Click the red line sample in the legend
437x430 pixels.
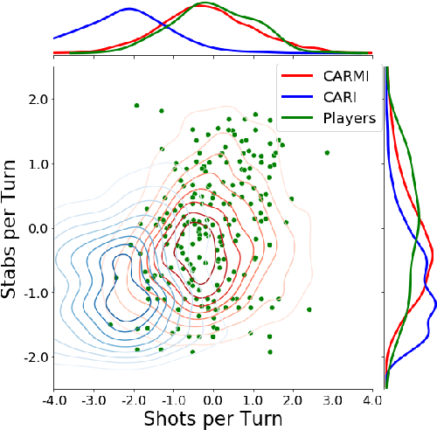click(x=295, y=77)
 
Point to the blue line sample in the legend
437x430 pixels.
click(x=295, y=98)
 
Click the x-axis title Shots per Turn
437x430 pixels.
click(x=212, y=419)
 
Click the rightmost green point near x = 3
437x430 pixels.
click(x=327, y=152)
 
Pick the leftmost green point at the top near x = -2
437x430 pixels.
click(x=137, y=106)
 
